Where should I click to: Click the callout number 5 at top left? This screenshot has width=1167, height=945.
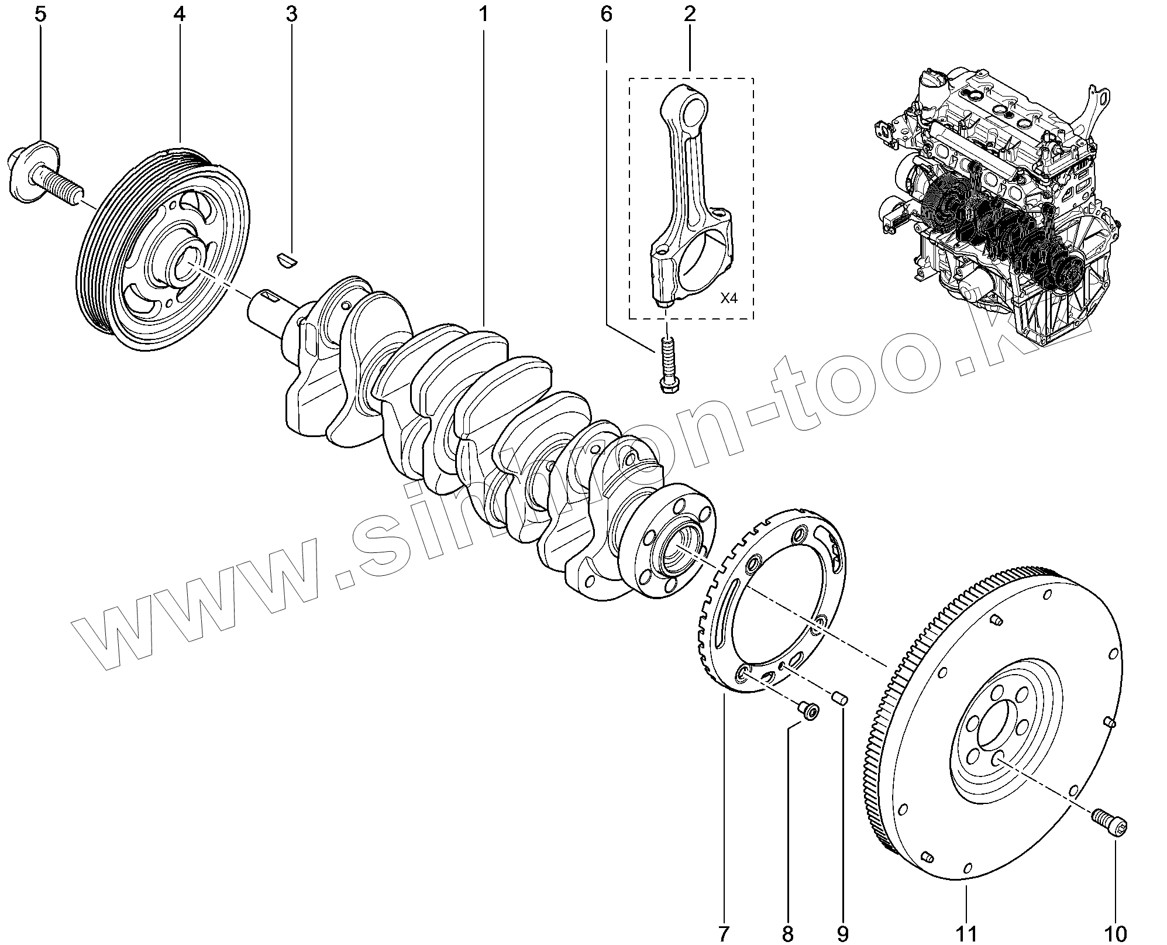coord(40,14)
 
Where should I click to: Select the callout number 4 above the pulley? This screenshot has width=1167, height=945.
coord(179,14)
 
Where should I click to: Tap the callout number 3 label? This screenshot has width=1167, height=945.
coord(291,14)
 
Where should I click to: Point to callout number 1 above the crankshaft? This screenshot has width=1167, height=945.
coord(483,14)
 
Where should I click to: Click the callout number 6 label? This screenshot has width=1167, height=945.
coord(606,14)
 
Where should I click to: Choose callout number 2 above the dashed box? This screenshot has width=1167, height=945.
coord(690,14)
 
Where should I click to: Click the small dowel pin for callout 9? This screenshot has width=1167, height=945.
coord(841,697)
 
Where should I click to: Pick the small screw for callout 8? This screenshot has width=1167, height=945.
coord(809,712)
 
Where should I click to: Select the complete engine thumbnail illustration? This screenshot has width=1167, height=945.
coord(994,205)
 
